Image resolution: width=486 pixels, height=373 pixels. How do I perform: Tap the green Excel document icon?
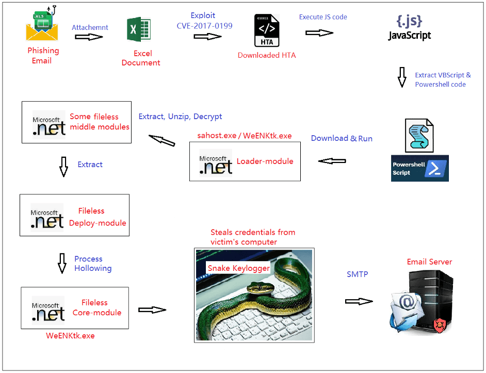click(x=139, y=29)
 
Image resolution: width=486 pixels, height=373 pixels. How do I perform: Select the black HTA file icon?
click(x=267, y=31)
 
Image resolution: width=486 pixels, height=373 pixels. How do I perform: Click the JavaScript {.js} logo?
click(x=409, y=28)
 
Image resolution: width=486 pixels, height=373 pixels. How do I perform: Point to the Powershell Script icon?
click(x=419, y=150)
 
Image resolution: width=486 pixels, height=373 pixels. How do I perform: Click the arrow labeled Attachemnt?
click(x=89, y=37)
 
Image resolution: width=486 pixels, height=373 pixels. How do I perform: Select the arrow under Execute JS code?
click(x=319, y=33)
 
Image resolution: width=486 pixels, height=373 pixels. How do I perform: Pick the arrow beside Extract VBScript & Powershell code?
click(x=402, y=77)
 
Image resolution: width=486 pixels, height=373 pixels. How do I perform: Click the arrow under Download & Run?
click(x=332, y=161)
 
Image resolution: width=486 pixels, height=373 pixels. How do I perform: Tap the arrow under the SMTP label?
click(x=359, y=301)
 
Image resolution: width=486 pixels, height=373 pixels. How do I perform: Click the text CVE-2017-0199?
click(x=205, y=25)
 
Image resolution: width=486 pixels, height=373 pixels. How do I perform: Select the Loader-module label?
click(x=265, y=161)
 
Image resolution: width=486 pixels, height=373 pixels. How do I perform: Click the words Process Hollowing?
click(x=92, y=264)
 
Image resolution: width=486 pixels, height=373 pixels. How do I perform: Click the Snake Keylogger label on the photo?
click(x=238, y=268)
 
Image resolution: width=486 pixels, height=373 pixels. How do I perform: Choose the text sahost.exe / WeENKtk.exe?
click(x=244, y=136)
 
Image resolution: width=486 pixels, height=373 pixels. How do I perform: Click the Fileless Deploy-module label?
click(x=97, y=217)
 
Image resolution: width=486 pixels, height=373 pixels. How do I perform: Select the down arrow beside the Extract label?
click(x=63, y=167)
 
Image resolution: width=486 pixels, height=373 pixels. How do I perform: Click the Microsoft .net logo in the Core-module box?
click(x=48, y=309)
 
